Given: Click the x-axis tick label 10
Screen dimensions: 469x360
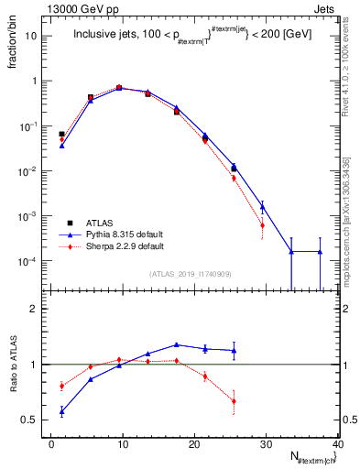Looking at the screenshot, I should coord(123,444).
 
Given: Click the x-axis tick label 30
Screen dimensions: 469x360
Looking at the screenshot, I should coord(266,444).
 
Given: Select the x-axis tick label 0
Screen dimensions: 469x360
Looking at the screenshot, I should coord(51,444).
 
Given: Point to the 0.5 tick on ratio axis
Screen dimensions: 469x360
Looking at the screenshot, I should coord(34,420).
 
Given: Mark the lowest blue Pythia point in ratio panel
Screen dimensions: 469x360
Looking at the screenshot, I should coord(61,411).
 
